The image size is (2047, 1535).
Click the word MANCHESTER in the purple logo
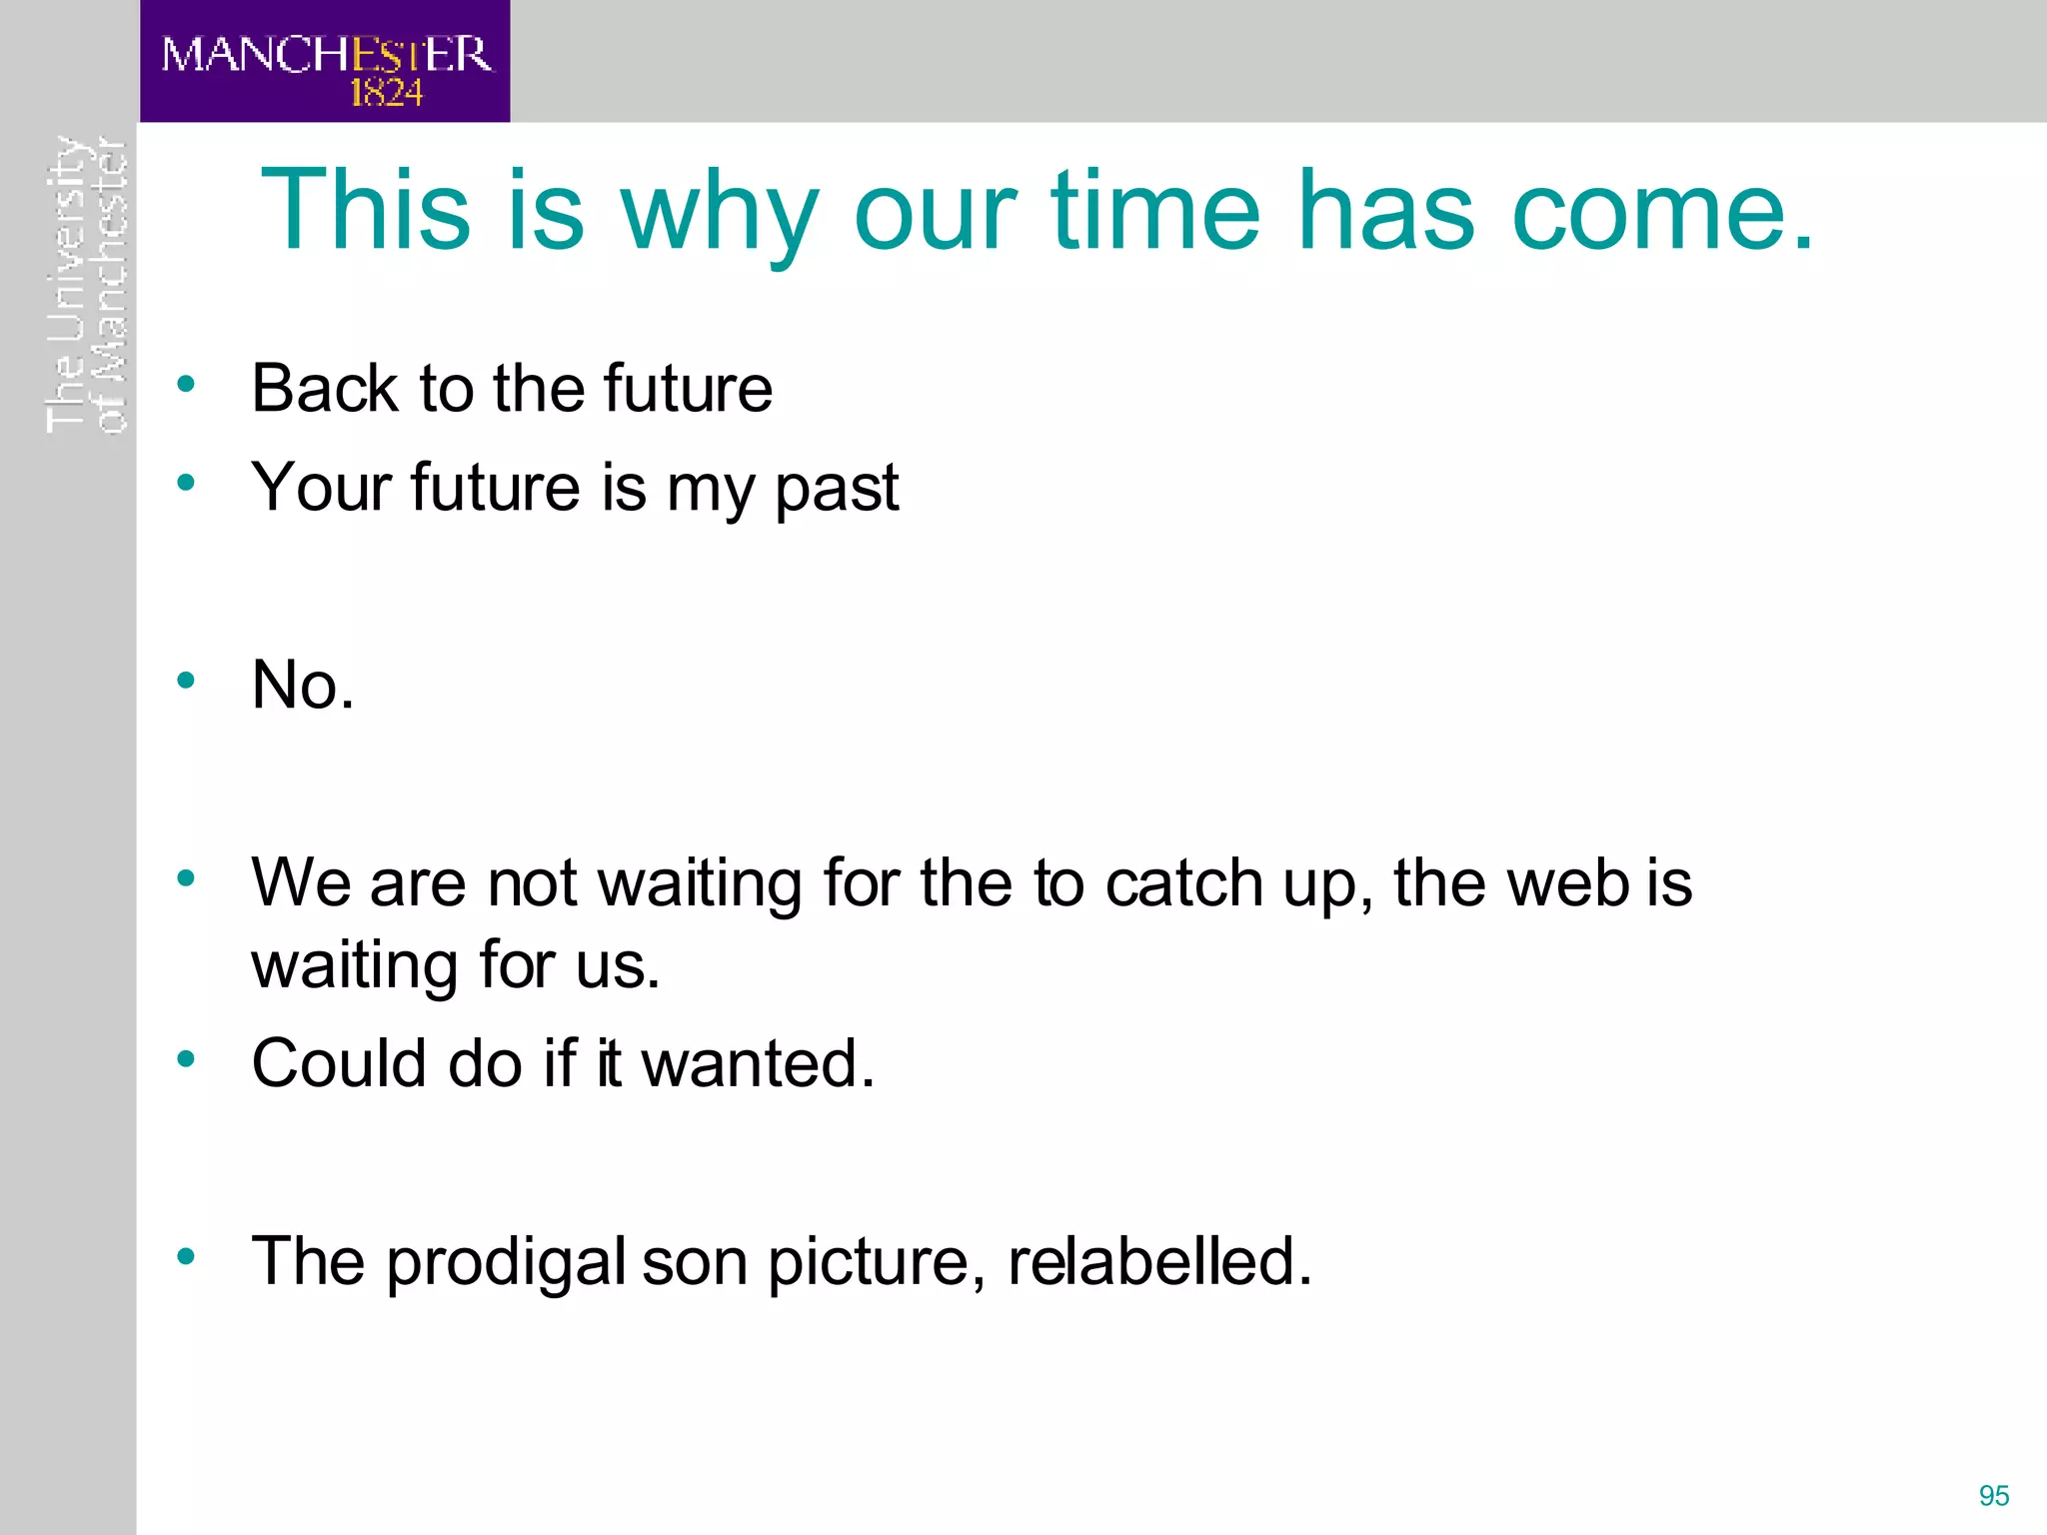(x=326, y=54)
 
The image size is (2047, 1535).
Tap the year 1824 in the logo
(x=386, y=94)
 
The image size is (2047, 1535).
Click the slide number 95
(x=1993, y=1496)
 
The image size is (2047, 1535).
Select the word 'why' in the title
(x=720, y=212)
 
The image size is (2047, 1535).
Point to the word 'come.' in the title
(x=1662, y=212)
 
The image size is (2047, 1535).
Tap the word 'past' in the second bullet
(x=837, y=488)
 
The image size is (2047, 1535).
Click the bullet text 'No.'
(x=303, y=686)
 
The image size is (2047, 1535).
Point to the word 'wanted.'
(x=758, y=1062)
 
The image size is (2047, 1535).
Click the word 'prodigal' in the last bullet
(x=506, y=1261)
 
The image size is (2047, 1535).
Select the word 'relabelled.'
(x=1159, y=1261)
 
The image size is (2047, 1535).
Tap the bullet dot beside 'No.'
(x=186, y=682)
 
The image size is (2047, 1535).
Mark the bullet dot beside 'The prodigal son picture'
(x=186, y=1256)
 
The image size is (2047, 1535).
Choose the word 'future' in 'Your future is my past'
(x=495, y=488)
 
